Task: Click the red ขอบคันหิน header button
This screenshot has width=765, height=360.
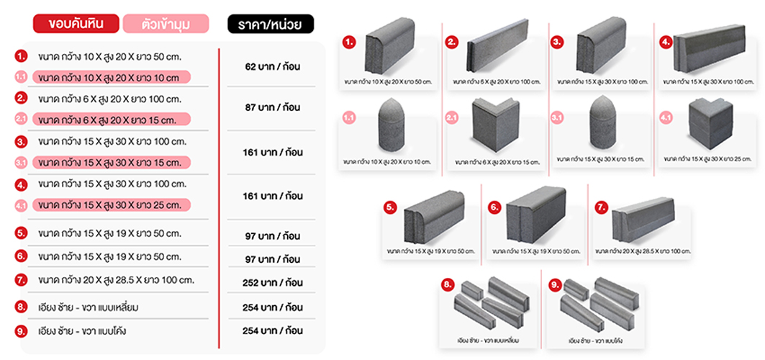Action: point(76,24)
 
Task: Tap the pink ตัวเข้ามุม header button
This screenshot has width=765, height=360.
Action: point(166,24)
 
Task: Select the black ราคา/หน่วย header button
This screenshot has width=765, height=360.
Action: point(271,24)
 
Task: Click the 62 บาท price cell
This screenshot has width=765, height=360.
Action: point(272,66)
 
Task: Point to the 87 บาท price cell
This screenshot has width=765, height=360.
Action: point(272,107)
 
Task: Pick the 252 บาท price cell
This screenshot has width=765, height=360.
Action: point(272,282)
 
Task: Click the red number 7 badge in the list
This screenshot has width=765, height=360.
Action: point(21,281)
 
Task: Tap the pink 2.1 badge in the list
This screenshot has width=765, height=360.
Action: point(21,119)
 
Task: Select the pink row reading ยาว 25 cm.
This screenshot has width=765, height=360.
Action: point(112,204)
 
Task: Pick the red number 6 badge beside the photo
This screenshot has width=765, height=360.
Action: point(494,207)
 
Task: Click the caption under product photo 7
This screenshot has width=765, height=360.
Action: point(643,251)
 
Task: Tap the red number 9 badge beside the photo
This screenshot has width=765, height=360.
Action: point(555,286)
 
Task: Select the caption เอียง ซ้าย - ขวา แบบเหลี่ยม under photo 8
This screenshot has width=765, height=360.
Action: point(488,340)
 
